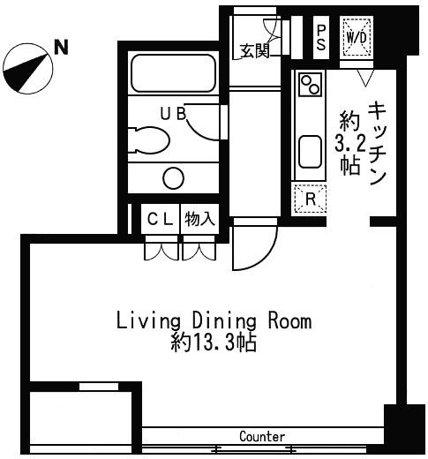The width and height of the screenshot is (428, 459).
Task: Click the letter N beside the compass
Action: pos(62,47)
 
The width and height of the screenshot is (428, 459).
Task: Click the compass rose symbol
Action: pos(28,69)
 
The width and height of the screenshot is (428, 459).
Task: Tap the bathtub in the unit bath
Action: pos(173,73)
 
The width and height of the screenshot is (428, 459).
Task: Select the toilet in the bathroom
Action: pos(149,140)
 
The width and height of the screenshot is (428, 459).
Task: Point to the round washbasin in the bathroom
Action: pos(174,178)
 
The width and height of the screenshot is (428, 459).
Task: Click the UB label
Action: pos(173,114)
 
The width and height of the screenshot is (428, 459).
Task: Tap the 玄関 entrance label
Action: pos(255,51)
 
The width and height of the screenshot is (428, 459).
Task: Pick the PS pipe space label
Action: pos(321,37)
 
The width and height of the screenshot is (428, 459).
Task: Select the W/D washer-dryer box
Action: pos(357,37)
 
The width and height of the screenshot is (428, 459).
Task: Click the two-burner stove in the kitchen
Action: pos(310,84)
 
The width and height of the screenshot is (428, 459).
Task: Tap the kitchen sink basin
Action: pos(310,152)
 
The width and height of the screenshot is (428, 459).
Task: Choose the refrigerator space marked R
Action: pos(311,199)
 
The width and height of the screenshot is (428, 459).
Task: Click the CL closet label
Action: pos(160,219)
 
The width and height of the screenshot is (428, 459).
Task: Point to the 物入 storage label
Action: pos(199,219)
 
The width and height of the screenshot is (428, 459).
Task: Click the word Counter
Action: pos(262,437)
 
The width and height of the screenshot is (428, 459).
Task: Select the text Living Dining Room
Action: pos(214,321)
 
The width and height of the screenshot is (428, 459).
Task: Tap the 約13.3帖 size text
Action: pos(214,342)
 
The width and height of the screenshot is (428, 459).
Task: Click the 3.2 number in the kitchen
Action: pos(350,144)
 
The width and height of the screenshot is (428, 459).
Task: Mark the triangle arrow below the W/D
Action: pos(365,78)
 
